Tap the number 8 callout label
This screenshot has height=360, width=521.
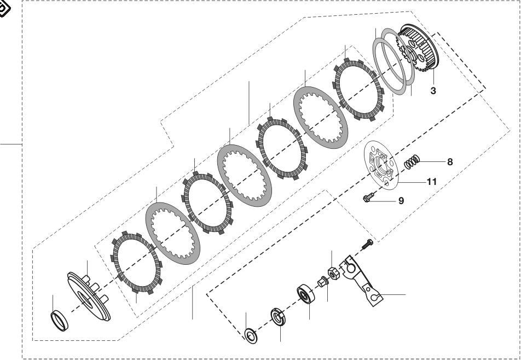[x=450, y=161]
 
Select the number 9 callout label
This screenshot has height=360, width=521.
[x=401, y=201]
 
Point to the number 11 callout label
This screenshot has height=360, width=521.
[x=431, y=182]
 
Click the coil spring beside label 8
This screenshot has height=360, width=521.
[x=412, y=162]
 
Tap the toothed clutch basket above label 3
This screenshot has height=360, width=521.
[x=420, y=49]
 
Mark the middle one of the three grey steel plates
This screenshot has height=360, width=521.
[x=243, y=175]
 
